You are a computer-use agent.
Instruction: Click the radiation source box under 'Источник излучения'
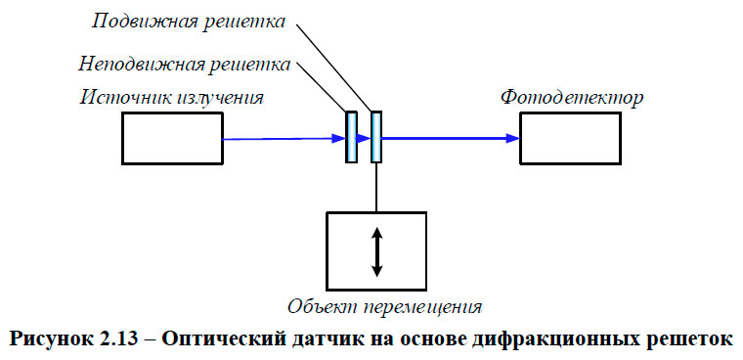coord(172,138)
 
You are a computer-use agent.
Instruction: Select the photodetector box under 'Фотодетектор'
coord(569,138)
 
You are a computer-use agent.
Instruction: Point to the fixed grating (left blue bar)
coord(351,138)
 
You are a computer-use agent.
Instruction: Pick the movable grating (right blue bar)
coord(376,138)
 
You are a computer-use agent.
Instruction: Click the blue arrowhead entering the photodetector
coord(511,138)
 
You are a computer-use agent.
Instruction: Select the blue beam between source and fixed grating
coord(284,138)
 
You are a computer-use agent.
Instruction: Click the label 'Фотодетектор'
coord(572,98)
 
